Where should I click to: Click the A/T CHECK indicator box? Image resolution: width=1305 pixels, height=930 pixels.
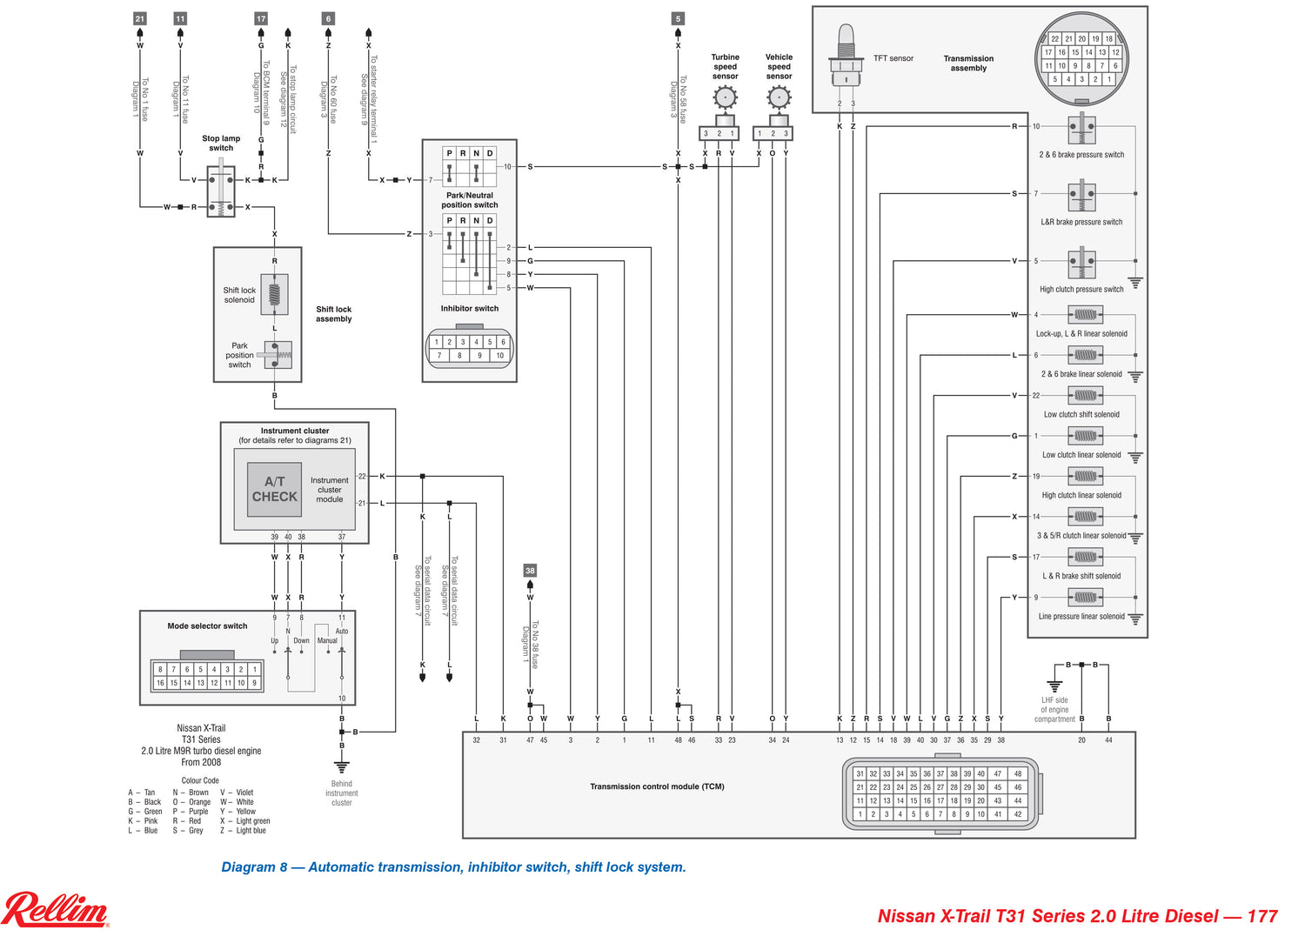point(274,489)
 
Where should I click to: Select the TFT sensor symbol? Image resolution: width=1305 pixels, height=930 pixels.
point(845,57)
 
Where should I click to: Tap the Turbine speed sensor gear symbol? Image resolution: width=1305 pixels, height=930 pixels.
point(726,97)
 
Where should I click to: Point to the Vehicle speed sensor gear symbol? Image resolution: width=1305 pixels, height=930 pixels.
point(779,97)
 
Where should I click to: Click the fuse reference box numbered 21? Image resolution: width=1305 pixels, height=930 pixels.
point(140,18)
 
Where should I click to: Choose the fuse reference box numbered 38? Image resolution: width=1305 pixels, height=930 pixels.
point(530,571)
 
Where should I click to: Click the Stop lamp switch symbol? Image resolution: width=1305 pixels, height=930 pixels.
point(221,192)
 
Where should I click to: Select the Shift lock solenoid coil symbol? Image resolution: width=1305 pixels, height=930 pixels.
point(274,294)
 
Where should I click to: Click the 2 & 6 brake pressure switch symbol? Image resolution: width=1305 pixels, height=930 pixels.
point(1081,130)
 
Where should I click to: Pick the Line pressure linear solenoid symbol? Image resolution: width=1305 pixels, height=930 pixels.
point(1085,598)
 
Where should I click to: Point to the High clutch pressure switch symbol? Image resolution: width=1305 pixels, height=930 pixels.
point(1081,264)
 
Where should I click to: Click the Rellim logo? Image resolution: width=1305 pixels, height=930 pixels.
point(56,910)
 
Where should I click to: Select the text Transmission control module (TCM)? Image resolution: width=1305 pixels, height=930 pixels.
point(657,786)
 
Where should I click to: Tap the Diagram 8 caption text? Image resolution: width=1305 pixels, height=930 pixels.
point(453,867)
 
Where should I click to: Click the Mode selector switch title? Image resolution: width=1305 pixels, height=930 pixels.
point(207,626)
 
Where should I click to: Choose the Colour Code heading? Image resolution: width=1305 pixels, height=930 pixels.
point(200,780)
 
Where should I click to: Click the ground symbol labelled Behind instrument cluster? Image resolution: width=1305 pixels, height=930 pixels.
point(342,766)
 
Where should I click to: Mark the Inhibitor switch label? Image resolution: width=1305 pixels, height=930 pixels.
point(469,308)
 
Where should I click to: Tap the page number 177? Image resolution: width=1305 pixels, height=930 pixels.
point(1261,916)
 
